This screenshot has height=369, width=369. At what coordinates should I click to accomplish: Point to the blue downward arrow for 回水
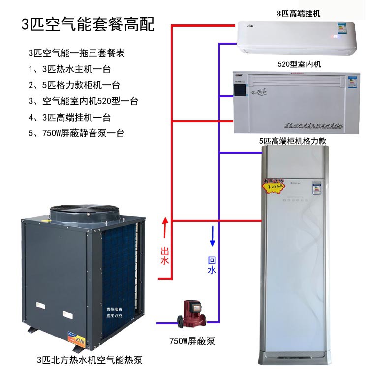pos(213,235)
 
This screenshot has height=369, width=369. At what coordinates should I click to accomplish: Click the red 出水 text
pos(165,256)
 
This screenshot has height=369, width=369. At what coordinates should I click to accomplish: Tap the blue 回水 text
pos(212,265)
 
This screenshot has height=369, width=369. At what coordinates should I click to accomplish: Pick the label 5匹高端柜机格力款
pos(293,141)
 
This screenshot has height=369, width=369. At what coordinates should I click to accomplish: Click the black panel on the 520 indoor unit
pos(241,91)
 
